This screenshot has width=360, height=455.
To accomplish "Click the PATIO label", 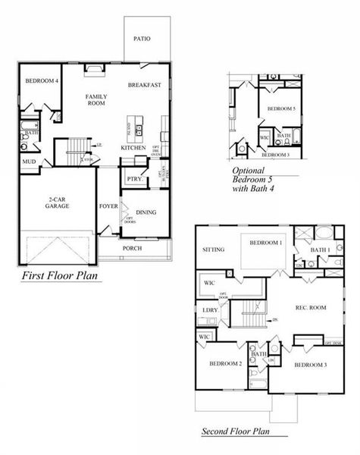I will pos(141,38).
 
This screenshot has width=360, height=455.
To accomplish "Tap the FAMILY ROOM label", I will pos(96,99).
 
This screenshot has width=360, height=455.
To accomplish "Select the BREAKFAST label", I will pos(143,85).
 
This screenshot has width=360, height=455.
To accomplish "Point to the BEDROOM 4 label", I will pos(41,80).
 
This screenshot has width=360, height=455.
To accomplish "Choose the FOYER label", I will pos(108,206).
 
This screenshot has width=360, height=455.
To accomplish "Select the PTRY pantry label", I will pos(134,180).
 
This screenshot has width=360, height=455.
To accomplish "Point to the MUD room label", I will pos(29,162).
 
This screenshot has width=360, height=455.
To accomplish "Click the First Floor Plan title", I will pos(61,276).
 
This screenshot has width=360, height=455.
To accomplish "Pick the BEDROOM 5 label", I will pos(282,109).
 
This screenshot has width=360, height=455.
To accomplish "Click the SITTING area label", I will pos(214,249).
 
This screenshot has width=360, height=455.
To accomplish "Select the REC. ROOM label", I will pos(310,307).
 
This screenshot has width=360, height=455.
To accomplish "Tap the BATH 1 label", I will pos(319,249).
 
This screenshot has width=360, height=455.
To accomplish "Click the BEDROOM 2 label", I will pos(226,364).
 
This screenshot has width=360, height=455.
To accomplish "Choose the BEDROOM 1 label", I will pos(267,243).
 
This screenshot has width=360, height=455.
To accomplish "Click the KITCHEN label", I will pos(134,148).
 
